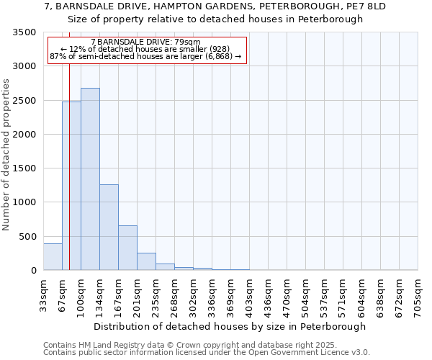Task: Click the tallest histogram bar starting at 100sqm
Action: (x=90, y=179)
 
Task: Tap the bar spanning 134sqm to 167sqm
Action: (x=109, y=228)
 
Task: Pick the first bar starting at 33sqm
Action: (x=53, y=257)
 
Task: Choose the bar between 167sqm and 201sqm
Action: (x=127, y=248)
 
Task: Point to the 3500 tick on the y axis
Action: (x=24, y=32)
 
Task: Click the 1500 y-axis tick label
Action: (x=24, y=168)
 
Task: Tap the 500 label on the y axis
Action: (x=27, y=237)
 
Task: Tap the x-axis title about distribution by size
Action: (x=230, y=326)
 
